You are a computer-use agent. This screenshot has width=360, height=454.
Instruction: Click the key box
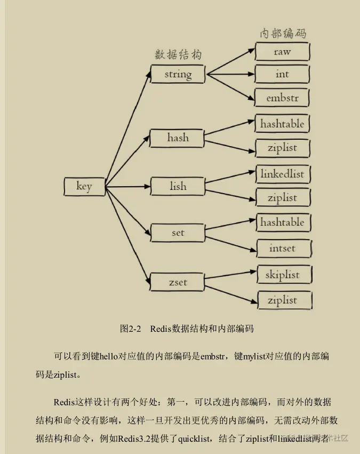[84, 186]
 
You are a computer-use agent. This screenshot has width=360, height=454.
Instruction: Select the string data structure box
[178, 74]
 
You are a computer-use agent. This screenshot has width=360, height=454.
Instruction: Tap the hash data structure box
[178, 138]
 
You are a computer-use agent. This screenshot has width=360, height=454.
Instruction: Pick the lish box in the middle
[178, 186]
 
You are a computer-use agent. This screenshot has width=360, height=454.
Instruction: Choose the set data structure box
[178, 233]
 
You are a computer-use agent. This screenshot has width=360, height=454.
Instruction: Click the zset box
[178, 282]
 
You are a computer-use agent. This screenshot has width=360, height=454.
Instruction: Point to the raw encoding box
[282, 51]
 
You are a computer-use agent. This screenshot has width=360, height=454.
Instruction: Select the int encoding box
[282, 74]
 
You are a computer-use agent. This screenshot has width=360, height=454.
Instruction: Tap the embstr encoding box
[282, 98]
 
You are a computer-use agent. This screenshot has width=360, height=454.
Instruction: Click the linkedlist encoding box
[282, 174]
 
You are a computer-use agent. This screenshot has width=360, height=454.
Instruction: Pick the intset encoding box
[282, 248]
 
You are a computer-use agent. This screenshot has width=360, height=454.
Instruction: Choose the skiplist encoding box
[282, 275]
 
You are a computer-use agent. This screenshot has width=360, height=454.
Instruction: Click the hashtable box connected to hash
[282, 124]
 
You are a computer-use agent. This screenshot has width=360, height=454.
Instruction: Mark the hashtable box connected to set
[282, 222]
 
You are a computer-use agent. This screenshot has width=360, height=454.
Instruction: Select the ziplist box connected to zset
[282, 300]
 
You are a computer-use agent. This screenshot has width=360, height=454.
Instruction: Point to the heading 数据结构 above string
[178, 55]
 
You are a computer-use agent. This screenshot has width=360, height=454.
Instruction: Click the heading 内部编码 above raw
[283, 33]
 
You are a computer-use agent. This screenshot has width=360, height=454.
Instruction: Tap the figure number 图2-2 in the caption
[131, 329]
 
